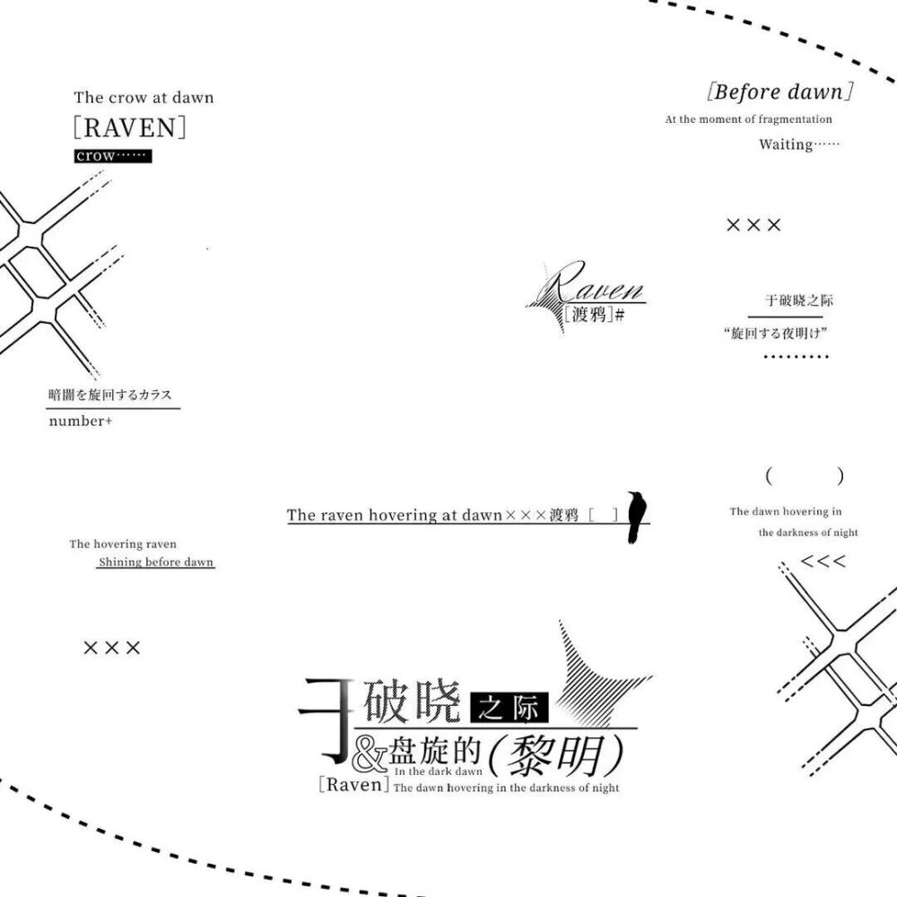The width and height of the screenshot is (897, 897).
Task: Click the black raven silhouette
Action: click(x=636, y=517)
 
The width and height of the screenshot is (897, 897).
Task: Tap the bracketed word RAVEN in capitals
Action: click(x=130, y=127)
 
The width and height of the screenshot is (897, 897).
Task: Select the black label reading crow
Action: click(x=113, y=155)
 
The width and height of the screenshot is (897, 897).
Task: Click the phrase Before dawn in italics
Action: click(x=779, y=91)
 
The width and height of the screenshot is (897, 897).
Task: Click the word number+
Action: click(x=81, y=421)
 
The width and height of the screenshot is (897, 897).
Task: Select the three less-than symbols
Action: click(x=823, y=561)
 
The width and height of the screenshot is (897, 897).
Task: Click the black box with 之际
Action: click(x=509, y=708)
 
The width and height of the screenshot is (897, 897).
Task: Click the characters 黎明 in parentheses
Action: click(x=555, y=755)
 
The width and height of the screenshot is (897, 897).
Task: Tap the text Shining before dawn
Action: click(x=155, y=562)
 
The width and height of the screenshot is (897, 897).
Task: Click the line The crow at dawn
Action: click(x=144, y=97)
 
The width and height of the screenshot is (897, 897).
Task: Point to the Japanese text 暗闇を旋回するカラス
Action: click(x=109, y=395)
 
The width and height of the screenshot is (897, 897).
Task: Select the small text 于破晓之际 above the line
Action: click(x=799, y=300)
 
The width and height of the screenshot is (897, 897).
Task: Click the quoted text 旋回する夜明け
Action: click(x=775, y=333)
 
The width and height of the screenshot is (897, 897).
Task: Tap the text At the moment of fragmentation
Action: click(x=748, y=119)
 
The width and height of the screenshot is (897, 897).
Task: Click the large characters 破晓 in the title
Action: click(x=412, y=701)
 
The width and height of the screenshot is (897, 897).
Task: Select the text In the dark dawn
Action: click(x=439, y=771)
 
